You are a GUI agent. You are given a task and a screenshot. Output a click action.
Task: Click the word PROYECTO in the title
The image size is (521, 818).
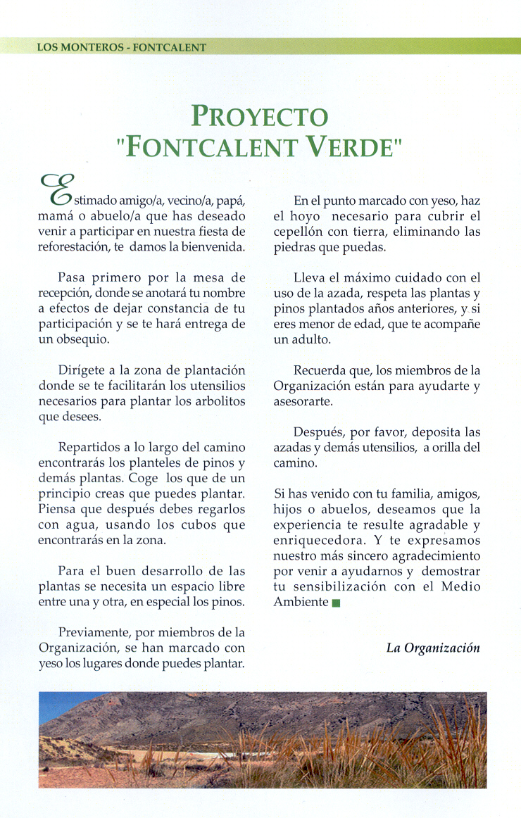point(260,116)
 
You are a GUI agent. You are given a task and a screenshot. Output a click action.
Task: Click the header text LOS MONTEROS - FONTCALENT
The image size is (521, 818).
point(122,47)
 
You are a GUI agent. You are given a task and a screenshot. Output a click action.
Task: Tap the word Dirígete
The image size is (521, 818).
point(80,370)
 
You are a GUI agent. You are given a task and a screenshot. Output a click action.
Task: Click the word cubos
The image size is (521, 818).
point(201,525)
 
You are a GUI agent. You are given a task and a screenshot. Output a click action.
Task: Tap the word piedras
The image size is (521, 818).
point(294,247)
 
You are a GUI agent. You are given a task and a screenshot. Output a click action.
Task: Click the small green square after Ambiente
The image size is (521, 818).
point(336,603)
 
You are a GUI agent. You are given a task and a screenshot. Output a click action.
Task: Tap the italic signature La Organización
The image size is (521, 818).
point(433,648)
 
